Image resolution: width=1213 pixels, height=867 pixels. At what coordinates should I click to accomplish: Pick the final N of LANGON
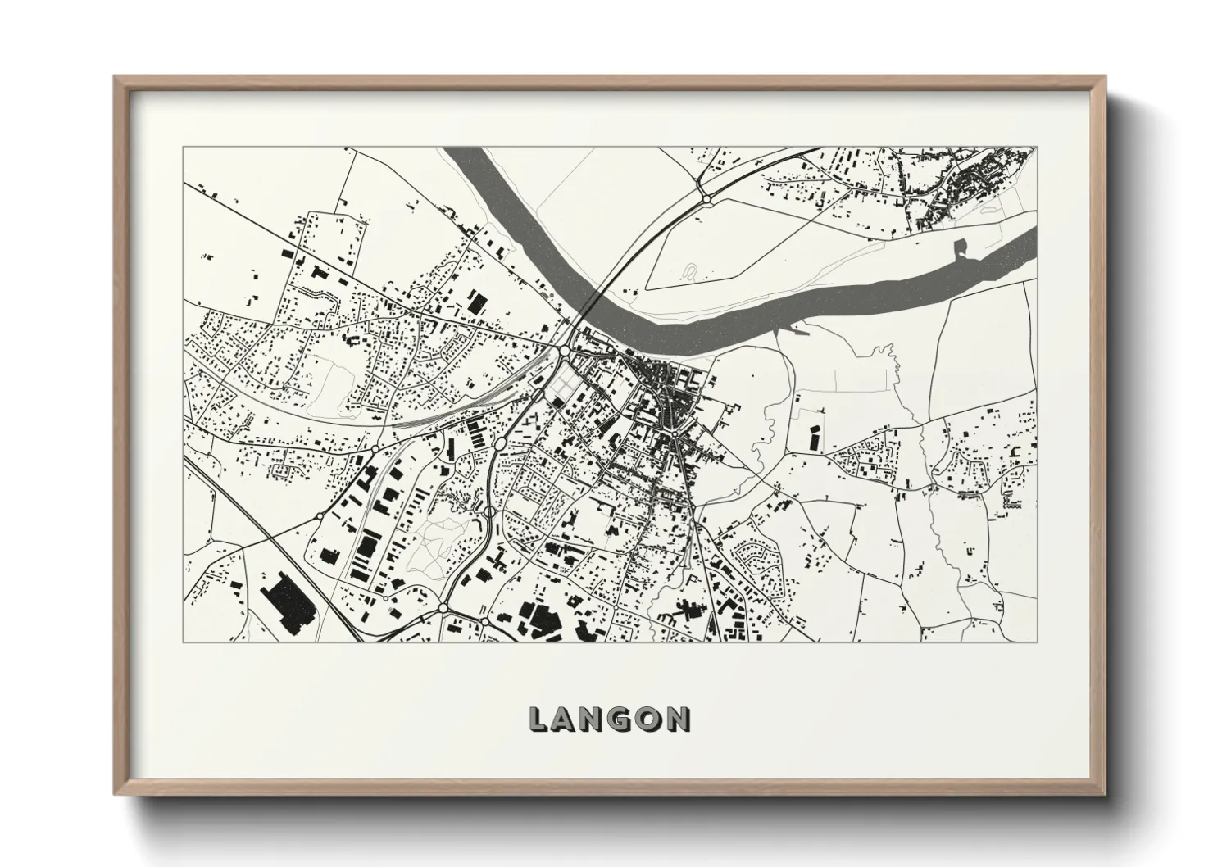pos(679,719)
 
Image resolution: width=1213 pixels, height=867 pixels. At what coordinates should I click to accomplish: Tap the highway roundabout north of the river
pos(705,197)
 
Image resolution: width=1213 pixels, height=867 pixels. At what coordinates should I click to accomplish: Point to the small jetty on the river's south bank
pos(800,333)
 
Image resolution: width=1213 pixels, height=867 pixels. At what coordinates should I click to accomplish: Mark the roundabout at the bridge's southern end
pos(565,352)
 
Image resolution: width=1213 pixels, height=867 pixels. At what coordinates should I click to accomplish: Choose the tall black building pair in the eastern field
pos(815,438)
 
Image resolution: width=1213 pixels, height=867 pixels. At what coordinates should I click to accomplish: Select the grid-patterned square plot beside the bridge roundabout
pos(563,379)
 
